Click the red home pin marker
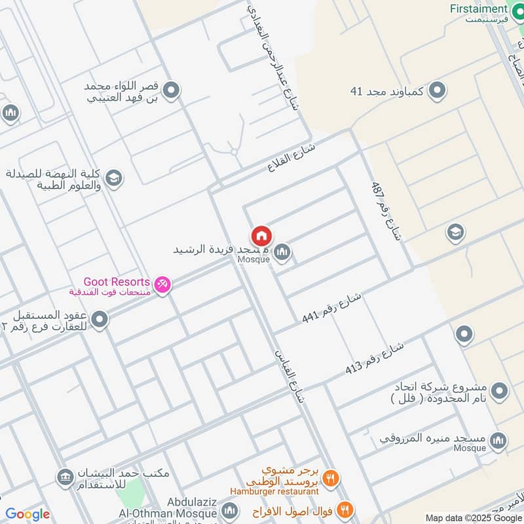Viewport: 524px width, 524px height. tap(261, 236)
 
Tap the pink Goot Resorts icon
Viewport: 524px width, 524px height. tap(162, 284)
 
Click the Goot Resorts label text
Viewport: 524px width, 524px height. tap(117, 281)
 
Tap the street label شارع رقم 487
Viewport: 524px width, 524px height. tap(384, 212)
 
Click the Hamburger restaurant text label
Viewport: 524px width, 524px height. tap(274, 491)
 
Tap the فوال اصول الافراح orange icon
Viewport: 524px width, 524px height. tap(345, 510)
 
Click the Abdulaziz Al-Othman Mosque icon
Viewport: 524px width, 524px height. tap(229, 510)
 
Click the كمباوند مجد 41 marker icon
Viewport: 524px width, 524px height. tap(438, 91)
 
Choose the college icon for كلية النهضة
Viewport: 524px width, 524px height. tap(114, 179)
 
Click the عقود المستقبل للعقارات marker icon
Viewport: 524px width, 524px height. tap(100, 320)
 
